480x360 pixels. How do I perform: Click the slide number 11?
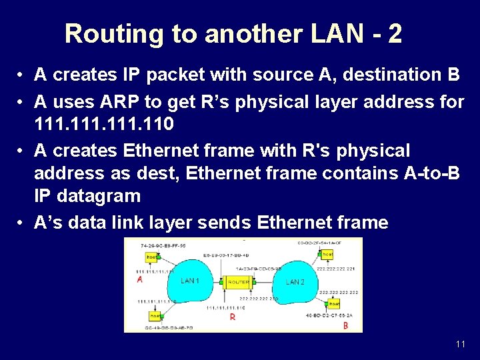point(460,344)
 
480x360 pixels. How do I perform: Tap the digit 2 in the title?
point(395,33)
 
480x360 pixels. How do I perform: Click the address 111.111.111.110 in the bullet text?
point(104,124)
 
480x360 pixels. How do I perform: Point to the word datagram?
point(99,196)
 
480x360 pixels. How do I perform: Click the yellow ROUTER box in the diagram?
point(238,282)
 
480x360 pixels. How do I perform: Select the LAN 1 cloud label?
point(190,281)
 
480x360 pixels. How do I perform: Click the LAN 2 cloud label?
point(295,282)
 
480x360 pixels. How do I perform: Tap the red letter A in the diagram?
point(140,281)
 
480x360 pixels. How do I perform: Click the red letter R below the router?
point(233,317)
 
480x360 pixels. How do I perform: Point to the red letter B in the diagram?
point(345,325)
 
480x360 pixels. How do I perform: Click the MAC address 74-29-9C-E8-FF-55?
point(163,245)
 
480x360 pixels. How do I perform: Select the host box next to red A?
point(152,257)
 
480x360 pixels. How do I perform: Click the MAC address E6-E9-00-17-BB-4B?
point(227,255)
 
